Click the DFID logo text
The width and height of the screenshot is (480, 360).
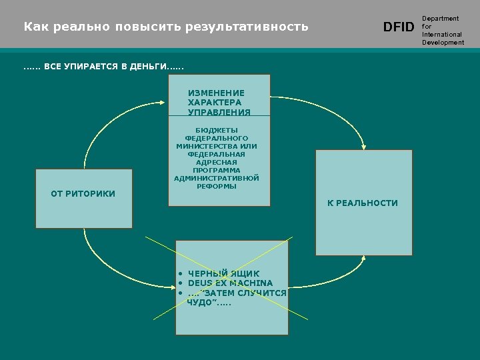tap(399, 27)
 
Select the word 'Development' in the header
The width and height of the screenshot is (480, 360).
tap(443, 43)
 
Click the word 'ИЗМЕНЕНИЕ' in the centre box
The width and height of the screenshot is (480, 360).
tap(216, 93)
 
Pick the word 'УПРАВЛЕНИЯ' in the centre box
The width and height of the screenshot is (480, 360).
tap(219, 112)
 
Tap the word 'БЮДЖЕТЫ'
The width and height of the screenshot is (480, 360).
tap(217, 130)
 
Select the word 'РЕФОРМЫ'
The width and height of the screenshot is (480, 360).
tap(217, 187)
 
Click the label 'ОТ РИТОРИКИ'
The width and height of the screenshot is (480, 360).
tap(83, 194)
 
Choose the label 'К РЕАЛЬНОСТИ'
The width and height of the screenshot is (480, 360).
tap(362, 203)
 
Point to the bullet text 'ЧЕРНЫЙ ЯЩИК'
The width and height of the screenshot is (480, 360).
tap(224, 274)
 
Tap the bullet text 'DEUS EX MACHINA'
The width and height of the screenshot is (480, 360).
tap(230, 283)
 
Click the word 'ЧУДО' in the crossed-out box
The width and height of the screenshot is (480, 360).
tap(199, 302)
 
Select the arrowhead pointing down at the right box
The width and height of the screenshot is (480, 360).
tap(363, 145)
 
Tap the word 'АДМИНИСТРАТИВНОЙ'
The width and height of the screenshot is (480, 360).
tap(217, 179)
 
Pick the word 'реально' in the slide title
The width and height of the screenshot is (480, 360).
tap(85, 27)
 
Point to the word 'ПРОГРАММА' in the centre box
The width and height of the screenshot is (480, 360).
tap(217, 171)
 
